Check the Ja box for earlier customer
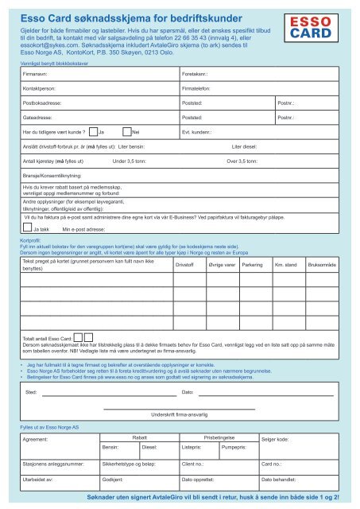[x=93, y=131]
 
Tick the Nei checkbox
[x=127, y=131]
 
